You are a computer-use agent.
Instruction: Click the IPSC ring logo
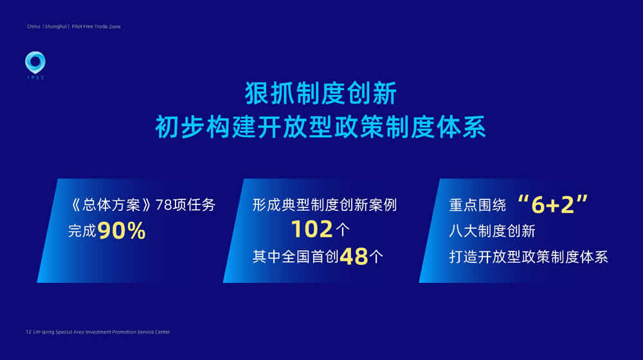35,62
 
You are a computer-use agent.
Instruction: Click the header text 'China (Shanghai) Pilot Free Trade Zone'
74,26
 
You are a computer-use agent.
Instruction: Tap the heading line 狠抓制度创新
321,93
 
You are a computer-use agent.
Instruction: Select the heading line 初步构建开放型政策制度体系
321,127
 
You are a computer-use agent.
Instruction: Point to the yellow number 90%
122,230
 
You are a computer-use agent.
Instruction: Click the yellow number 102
312,230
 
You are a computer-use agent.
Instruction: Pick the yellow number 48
354,256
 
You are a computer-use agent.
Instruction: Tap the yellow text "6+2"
553,204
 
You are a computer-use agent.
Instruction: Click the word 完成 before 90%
82,231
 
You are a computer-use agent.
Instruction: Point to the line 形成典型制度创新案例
325,205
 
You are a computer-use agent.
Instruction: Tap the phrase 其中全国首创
296,257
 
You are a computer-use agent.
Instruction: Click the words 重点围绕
478,205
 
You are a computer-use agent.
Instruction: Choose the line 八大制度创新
492,231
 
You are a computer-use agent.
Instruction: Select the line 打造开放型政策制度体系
529,257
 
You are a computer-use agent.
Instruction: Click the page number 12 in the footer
28,332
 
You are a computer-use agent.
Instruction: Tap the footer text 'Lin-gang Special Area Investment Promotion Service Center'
102,332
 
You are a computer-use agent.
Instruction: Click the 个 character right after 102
343,230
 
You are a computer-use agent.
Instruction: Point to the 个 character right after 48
376,257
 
